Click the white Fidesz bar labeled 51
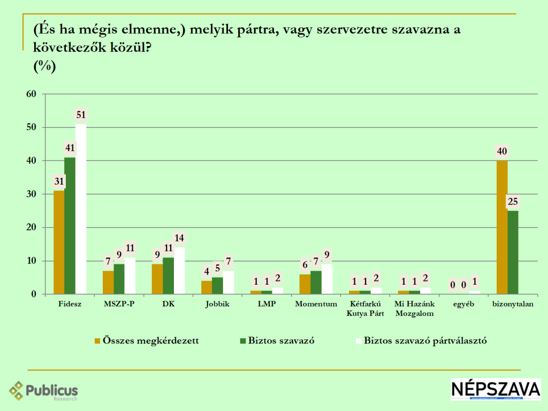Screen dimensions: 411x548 [81, 209]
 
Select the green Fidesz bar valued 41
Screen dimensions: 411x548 [70, 225]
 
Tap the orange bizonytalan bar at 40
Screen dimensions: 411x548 [502, 227]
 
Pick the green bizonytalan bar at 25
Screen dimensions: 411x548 [513, 252]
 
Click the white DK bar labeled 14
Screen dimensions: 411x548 [179, 270]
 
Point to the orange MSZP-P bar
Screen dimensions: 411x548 [108, 282]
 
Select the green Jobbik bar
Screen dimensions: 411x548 [217, 285]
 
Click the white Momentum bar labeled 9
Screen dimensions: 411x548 [326, 279]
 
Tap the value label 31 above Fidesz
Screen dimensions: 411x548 [59, 181]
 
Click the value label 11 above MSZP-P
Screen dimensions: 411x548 [130, 248]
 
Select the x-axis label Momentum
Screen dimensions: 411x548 [316, 304]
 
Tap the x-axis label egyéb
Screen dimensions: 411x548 [463, 304]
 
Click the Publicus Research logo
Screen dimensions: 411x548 [44, 391]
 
